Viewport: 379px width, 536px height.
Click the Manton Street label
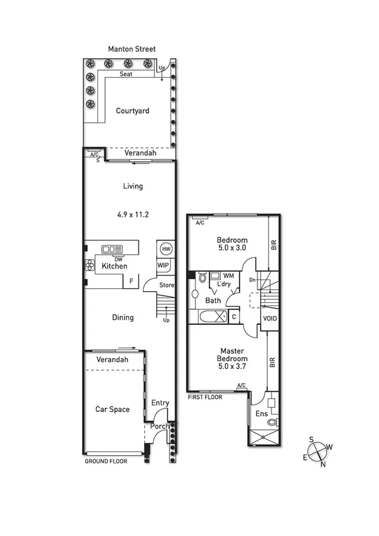click(x=131, y=49)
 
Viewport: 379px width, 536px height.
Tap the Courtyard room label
click(x=132, y=111)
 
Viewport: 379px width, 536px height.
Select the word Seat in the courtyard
click(x=127, y=74)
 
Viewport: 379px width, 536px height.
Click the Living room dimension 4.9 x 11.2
click(x=133, y=214)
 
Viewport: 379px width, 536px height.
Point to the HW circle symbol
click(x=166, y=248)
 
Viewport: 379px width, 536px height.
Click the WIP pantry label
click(x=163, y=265)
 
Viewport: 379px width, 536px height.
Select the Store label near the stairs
click(x=166, y=285)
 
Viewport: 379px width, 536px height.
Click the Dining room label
click(x=123, y=317)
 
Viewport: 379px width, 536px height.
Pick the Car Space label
click(x=112, y=409)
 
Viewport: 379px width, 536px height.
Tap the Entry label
click(x=160, y=403)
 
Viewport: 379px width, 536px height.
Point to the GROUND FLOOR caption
click(x=106, y=461)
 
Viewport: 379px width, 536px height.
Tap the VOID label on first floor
click(x=270, y=318)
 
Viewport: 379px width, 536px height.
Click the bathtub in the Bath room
click(x=211, y=316)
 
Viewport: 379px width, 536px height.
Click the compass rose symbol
click(x=318, y=451)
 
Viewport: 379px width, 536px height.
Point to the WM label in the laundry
click(x=227, y=276)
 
